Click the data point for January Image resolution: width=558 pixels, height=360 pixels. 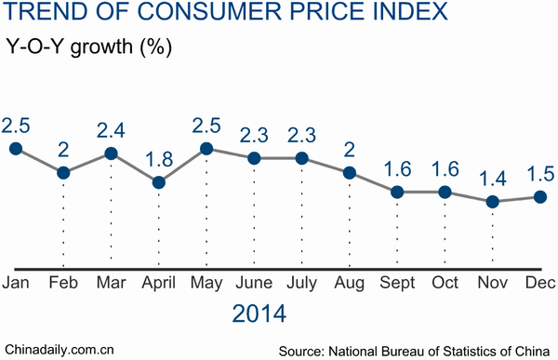pos(15,148)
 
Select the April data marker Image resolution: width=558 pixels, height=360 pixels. pos(158,182)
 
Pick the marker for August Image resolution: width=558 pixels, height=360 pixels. pos(350,172)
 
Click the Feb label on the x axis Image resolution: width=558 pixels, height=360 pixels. pos(62,282)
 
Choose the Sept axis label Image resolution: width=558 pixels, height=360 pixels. pos(397,282)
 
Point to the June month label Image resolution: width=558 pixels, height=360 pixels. pos(254,282)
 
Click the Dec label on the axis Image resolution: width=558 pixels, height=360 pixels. pos(540,282)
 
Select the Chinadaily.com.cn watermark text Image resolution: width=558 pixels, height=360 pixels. pos(58,350)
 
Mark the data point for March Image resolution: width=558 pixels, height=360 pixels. pos(111,153)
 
